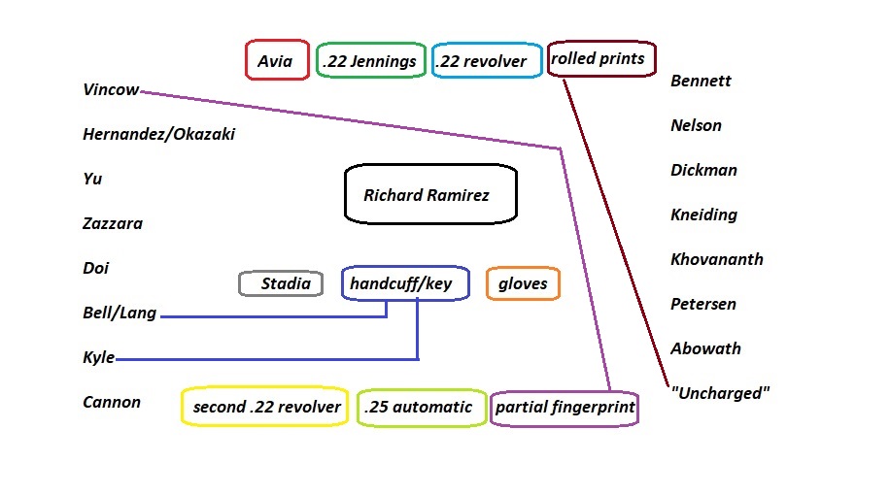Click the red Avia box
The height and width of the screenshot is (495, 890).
(276, 60)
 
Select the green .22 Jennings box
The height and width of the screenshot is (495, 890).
(370, 61)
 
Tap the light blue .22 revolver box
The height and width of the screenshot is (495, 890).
(486, 61)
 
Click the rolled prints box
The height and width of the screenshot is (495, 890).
(601, 59)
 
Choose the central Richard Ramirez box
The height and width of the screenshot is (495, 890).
(430, 195)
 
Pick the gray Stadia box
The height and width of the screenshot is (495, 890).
(281, 283)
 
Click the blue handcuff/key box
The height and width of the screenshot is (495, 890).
(405, 283)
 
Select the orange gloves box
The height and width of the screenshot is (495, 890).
(523, 283)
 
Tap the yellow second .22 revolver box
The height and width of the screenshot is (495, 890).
(265, 407)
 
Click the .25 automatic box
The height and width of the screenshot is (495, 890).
(420, 407)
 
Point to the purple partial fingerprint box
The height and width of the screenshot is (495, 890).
(565, 408)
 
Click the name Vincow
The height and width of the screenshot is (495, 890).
(112, 90)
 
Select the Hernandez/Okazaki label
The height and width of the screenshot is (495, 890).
(159, 135)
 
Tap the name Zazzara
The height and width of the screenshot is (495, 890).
(113, 224)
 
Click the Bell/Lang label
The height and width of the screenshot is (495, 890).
(120, 313)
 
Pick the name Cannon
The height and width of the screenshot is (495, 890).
(112, 403)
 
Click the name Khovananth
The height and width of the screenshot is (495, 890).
(717, 259)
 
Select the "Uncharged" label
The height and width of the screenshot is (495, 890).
(720, 394)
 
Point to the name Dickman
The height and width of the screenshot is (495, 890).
(703, 170)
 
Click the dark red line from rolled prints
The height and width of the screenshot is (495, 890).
(617, 233)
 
